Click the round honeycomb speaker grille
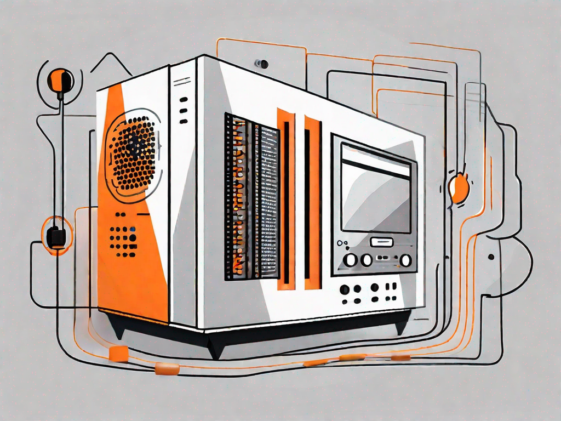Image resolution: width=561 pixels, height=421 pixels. click(x=133, y=153)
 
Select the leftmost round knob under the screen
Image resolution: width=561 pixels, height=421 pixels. click(x=351, y=259)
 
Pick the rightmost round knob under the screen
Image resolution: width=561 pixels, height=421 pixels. click(x=405, y=260)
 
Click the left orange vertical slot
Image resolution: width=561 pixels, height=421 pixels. click(x=285, y=197)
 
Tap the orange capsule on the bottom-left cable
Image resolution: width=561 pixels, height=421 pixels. click(x=163, y=369)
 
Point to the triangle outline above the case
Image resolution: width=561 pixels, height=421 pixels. click(x=111, y=64)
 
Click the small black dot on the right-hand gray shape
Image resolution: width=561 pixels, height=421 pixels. click(x=491, y=257)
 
